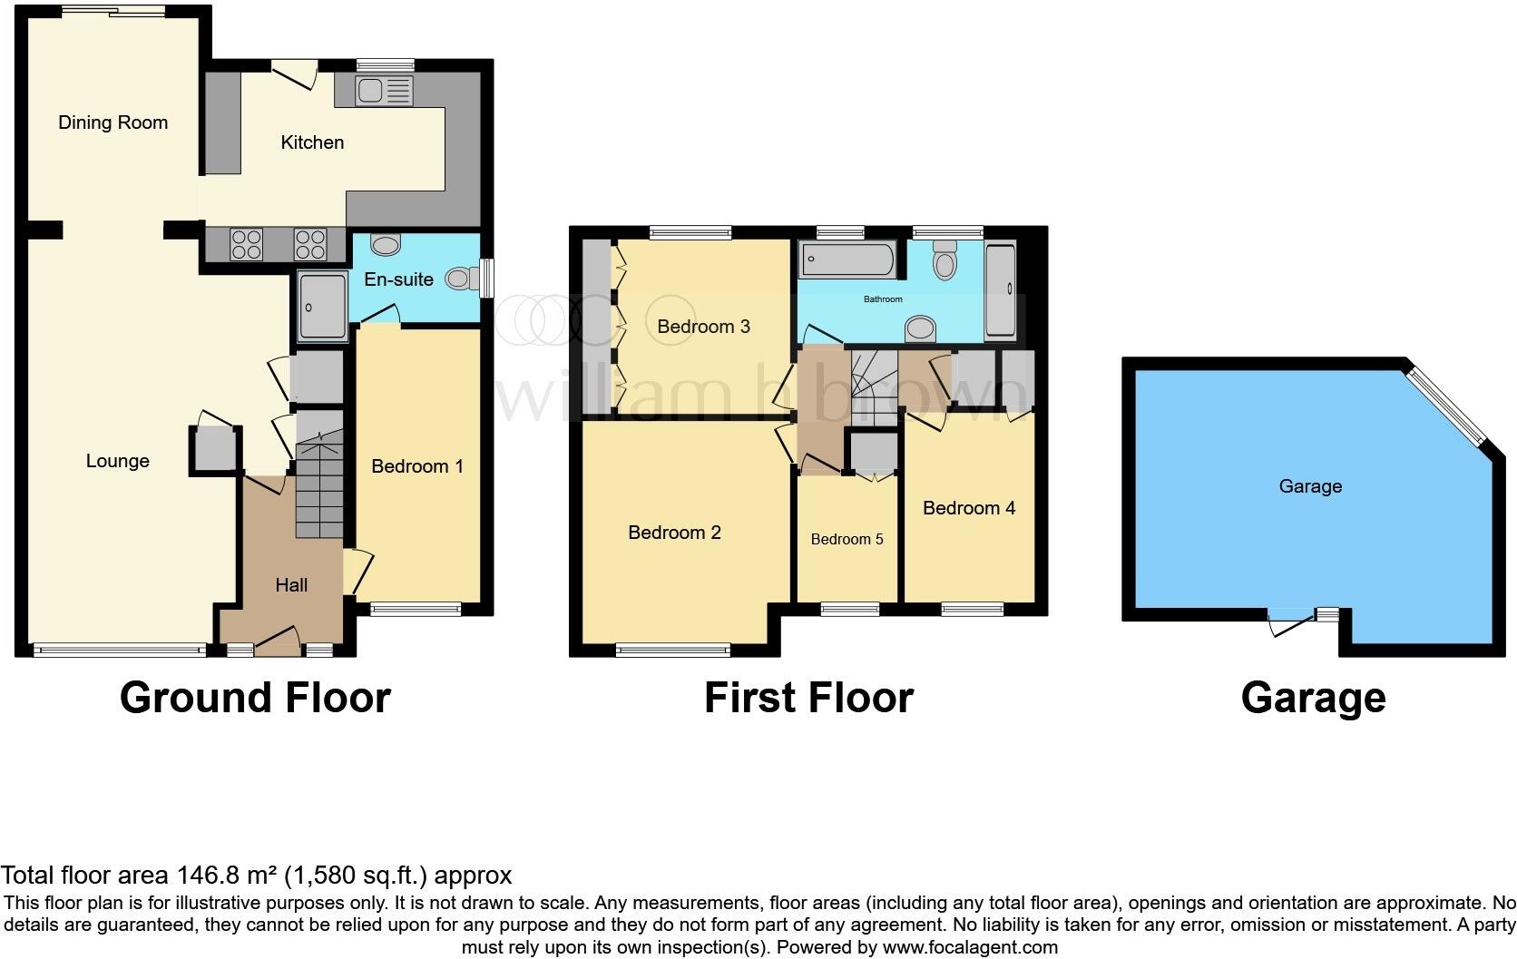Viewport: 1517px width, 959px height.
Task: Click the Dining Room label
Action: pos(113,122)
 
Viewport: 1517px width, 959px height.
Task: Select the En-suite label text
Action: pos(398,279)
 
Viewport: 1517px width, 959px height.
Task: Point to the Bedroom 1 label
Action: pos(417,466)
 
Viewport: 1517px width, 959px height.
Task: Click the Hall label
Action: pos(291,585)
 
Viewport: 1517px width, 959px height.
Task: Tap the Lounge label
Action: pos(117,461)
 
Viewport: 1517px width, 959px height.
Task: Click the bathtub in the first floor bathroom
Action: pos(848,260)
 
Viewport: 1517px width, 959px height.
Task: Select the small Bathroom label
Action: pos(883,299)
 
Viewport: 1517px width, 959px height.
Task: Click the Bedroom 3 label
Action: pos(703,327)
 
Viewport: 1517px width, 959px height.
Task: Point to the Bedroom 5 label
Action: pos(847,539)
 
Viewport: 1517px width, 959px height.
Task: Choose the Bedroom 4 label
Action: pos(969,508)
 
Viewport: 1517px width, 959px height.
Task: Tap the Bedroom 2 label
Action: pos(674,533)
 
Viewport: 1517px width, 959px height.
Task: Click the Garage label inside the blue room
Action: pos(1310,486)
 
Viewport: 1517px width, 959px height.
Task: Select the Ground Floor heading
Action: pos(255,698)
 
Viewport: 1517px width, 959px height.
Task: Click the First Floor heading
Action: pos(808,698)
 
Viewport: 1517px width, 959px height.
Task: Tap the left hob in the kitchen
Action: pos(247,244)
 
